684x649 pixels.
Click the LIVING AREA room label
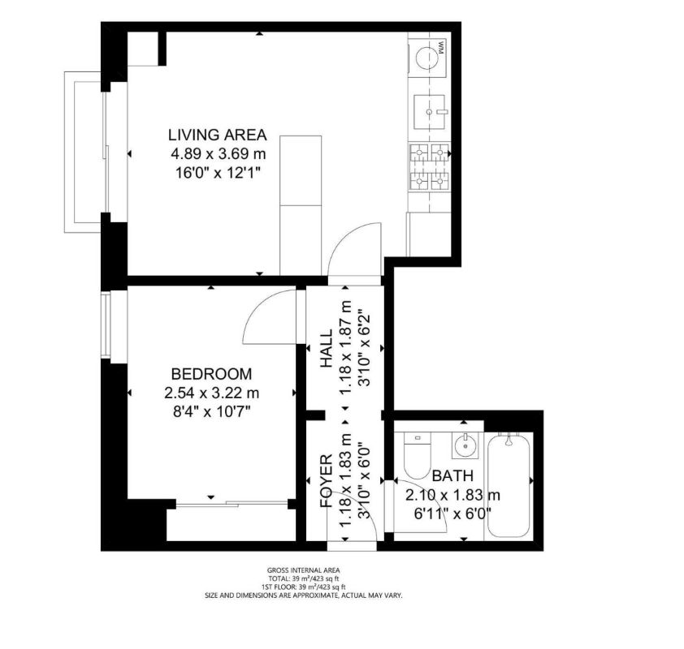(x=217, y=135)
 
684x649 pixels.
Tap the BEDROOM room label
(x=210, y=374)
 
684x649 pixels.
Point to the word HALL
(x=326, y=350)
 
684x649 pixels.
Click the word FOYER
(x=326, y=480)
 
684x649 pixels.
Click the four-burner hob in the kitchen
(x=428, y=166)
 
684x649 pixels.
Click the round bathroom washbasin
(x=465, y=446)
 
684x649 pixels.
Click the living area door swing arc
(x=355, y=249)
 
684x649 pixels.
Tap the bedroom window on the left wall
(x=106, y=324)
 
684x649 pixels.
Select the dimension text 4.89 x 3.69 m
(x=217, y=153)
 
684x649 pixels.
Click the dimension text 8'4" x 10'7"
(x=210, y=411)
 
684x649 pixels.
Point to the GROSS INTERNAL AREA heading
(x=303, y=570)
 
